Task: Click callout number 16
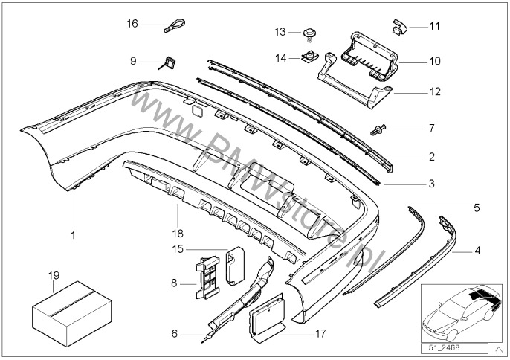132,24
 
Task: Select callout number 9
133,60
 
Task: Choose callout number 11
435,26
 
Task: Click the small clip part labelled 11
400,28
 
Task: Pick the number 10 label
435,61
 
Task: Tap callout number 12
435,92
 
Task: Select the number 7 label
430,129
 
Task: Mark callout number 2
431,158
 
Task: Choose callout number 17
321,333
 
